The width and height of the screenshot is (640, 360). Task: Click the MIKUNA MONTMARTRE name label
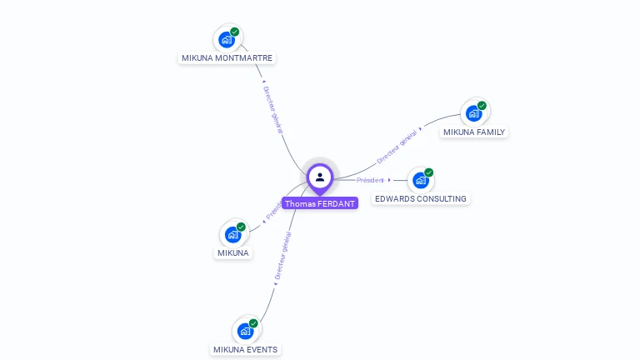tap(227, 58)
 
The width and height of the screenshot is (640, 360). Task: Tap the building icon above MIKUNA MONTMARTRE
tap(226, 39)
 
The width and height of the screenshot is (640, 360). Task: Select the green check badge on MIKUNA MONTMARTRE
tap(235, 32)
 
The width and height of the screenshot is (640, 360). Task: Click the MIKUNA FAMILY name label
tap(474, 132)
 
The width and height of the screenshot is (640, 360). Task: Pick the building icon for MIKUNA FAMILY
tap(473, 113)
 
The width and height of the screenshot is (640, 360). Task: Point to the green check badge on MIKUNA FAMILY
tap(482, 106)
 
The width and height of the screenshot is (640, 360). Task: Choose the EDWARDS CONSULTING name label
tap(421, 199)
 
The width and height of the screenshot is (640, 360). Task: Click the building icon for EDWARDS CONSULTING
tap(420, 180)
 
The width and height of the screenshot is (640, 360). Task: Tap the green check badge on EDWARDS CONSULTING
tap(428, 172)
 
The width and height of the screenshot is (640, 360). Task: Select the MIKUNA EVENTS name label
tap(245, 350)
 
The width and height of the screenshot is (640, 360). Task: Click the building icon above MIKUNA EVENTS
tap(244, 331)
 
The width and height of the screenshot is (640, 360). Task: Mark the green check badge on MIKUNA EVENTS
tap(253, 323)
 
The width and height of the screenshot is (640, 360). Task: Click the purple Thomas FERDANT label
tap(320, 203)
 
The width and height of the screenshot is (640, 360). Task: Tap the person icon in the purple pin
tap(320, 177)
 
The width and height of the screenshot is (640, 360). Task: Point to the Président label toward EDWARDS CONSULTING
tap(371, 180)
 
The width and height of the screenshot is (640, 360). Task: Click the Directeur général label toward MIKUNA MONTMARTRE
tap(273, 110)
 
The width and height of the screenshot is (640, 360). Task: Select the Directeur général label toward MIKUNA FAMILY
tap(397, 147)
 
